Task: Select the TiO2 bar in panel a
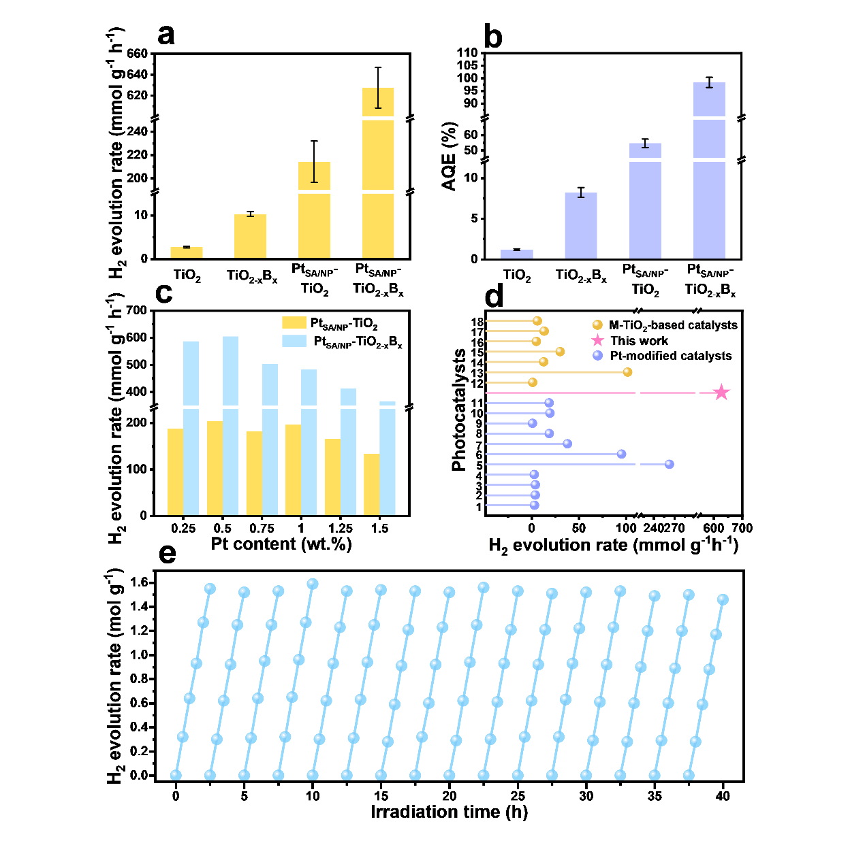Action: (x=186, y=252)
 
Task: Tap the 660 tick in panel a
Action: (x=137, y=54)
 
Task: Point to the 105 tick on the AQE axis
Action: (x=467, y=65)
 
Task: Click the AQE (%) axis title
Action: (x=450, y=156)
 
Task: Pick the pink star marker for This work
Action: (x=721, y=393)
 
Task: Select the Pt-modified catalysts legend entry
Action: (x=664, y=356)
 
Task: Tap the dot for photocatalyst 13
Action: (x=627, y=372)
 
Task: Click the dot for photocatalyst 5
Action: (x=669, y=464)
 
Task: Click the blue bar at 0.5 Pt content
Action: (x=230, y=425)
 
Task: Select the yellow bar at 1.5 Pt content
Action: (x=372, y=484)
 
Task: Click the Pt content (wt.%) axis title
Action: (x=281, y=544)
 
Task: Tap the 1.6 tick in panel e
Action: (x=139, y=582)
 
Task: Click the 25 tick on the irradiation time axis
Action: (x=518, y=796)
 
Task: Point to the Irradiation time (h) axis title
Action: (x=449, y=812)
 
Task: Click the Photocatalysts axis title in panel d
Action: (x=459, y=410)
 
